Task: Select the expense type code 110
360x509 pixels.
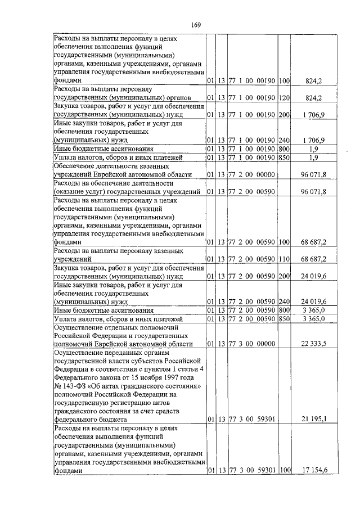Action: pyautogui.click(x=283, y=259)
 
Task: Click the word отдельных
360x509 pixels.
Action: pyautogui.click(x=121, y=327)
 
